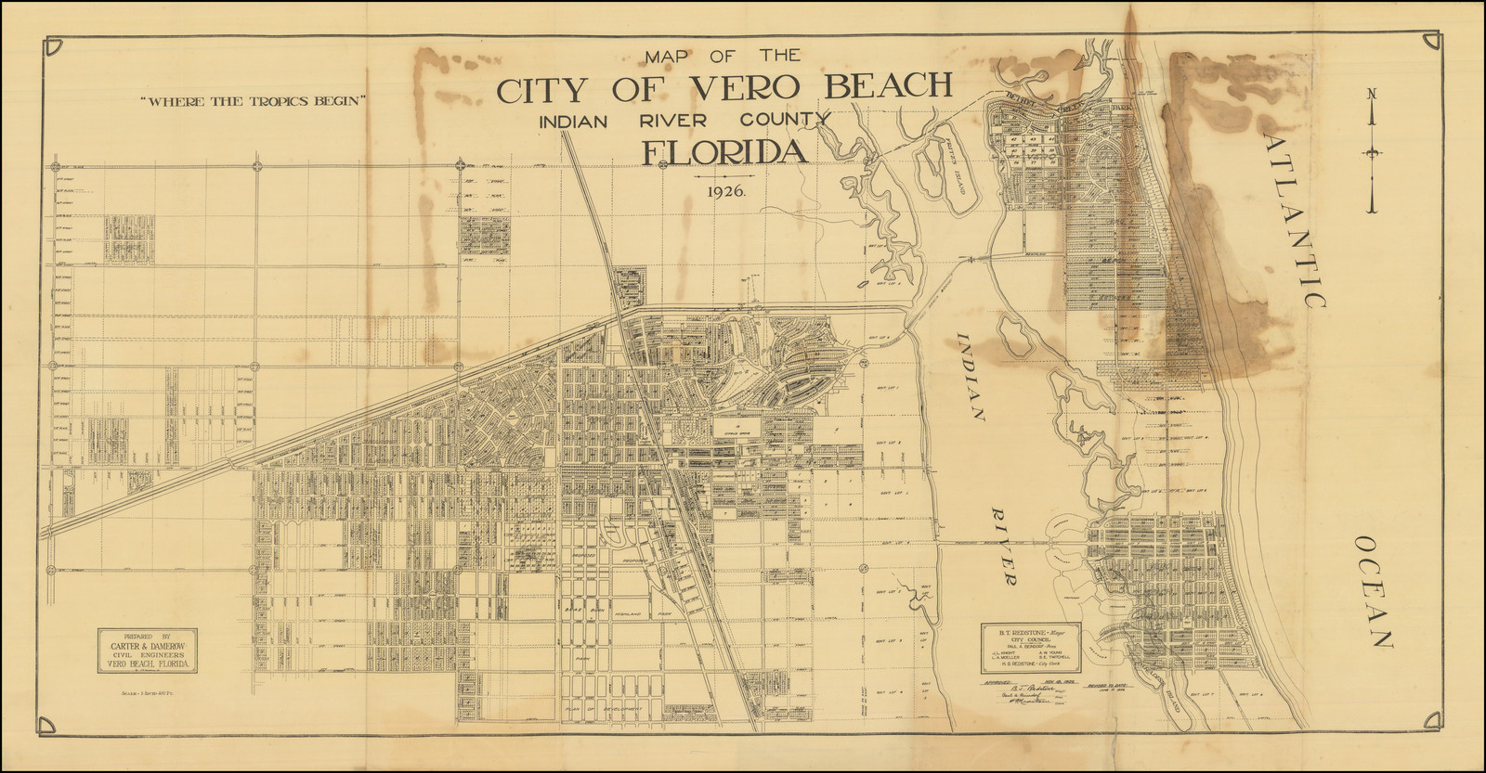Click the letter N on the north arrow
[x=1372, y=93]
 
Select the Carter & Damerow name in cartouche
[x=149, y=649]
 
